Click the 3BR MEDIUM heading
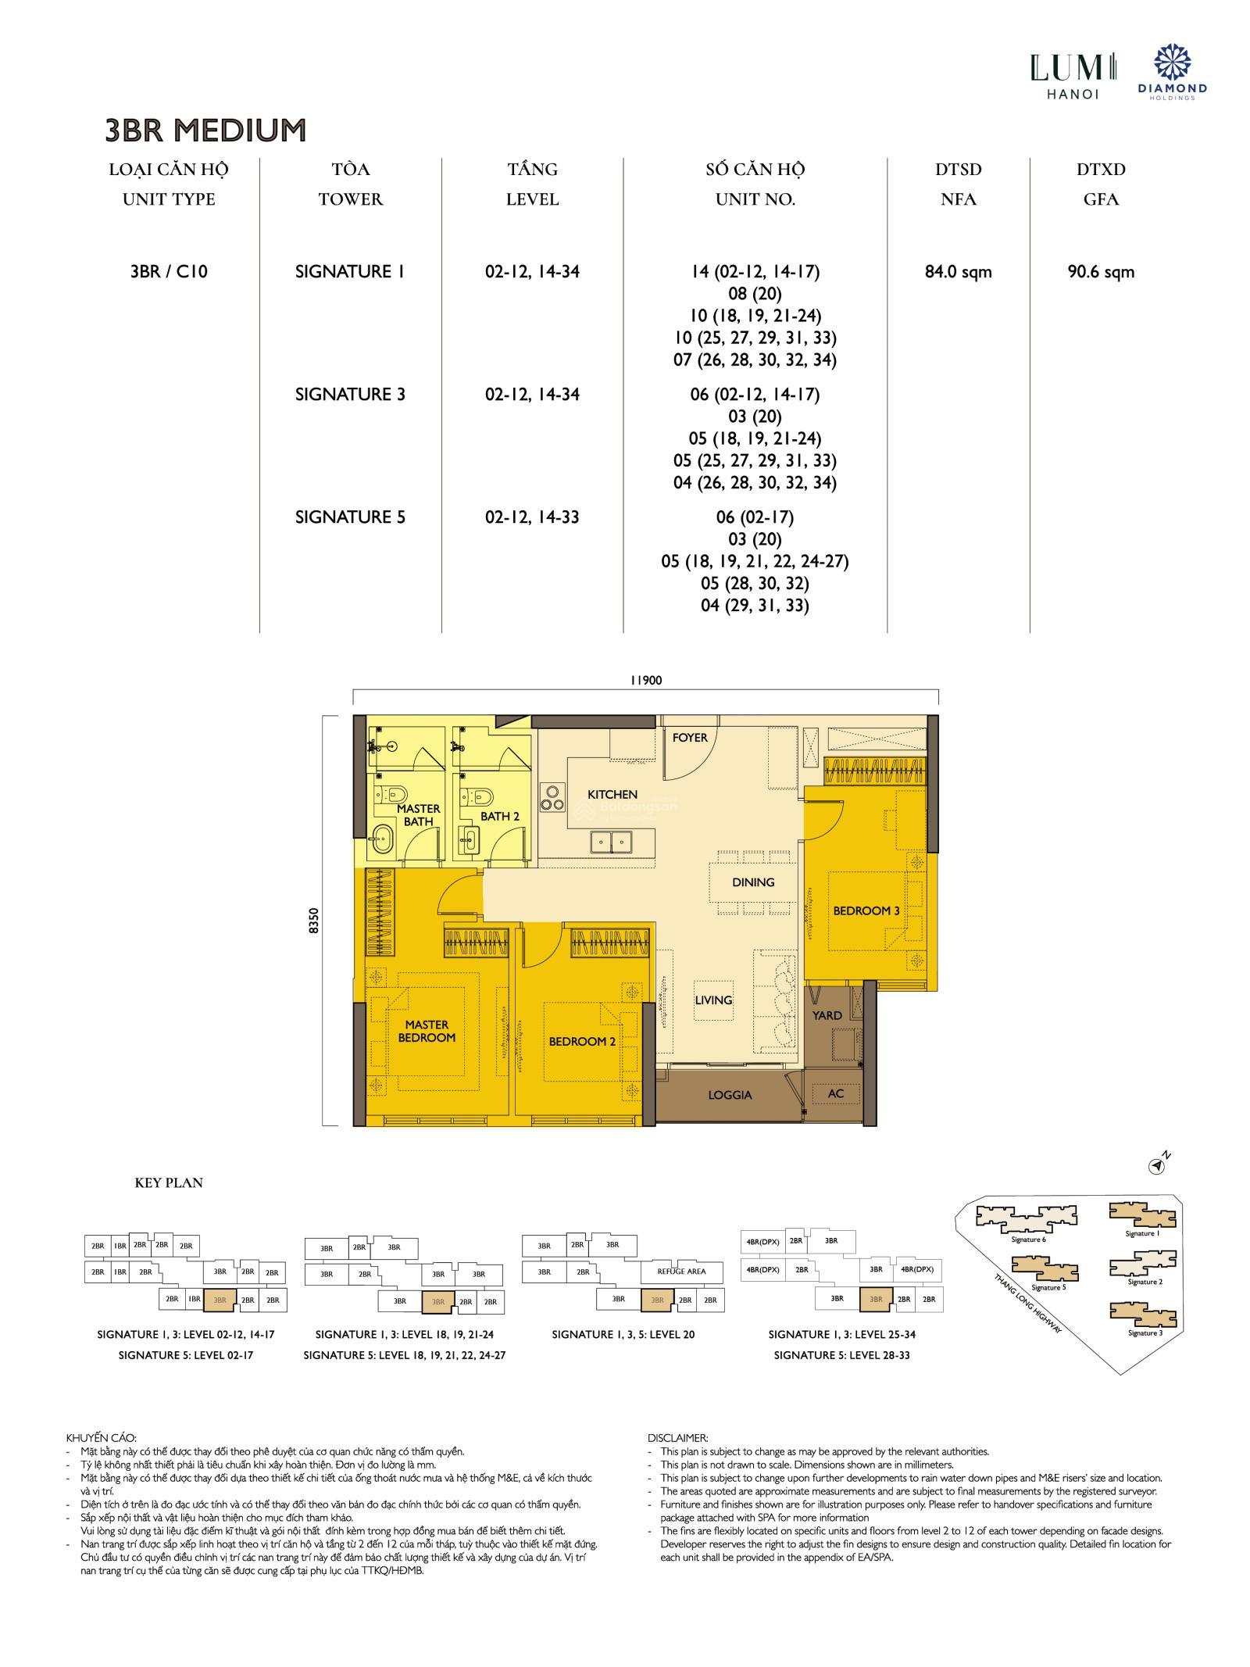click(205, 130)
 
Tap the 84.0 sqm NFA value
click(958, 272)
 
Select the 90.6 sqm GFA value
click(1100, 272)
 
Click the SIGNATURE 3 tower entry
click(350, 394)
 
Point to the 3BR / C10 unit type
click(169, 272)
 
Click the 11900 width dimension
click(645, 680)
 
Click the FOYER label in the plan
click(690, 737)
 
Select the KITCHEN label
click(612, 794)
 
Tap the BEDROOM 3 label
click(866, 910)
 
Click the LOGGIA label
click(730, 1095)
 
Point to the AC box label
click(835, 1093)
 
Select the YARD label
click(827, 1015)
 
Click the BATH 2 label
click(500, 816)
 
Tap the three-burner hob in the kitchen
click(552, 797)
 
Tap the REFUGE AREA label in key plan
click(681, 1272)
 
